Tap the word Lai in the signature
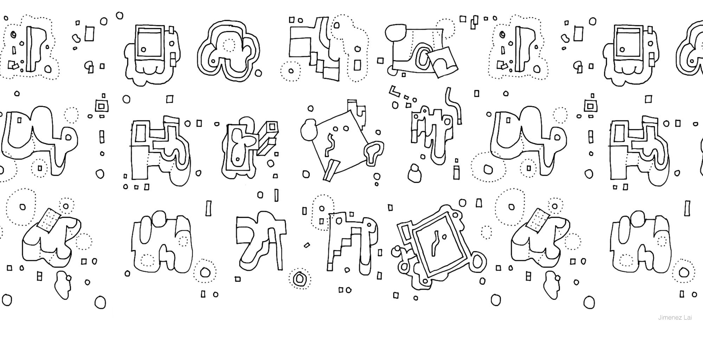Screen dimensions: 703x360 point(688,318)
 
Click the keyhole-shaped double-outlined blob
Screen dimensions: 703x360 point(374,153)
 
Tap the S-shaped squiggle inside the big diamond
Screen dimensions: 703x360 point(330,144)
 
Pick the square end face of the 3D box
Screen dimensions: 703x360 point(272,127)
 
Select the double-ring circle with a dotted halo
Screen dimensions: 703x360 point(299,278)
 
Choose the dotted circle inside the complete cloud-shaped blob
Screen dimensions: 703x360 point(230,45)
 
